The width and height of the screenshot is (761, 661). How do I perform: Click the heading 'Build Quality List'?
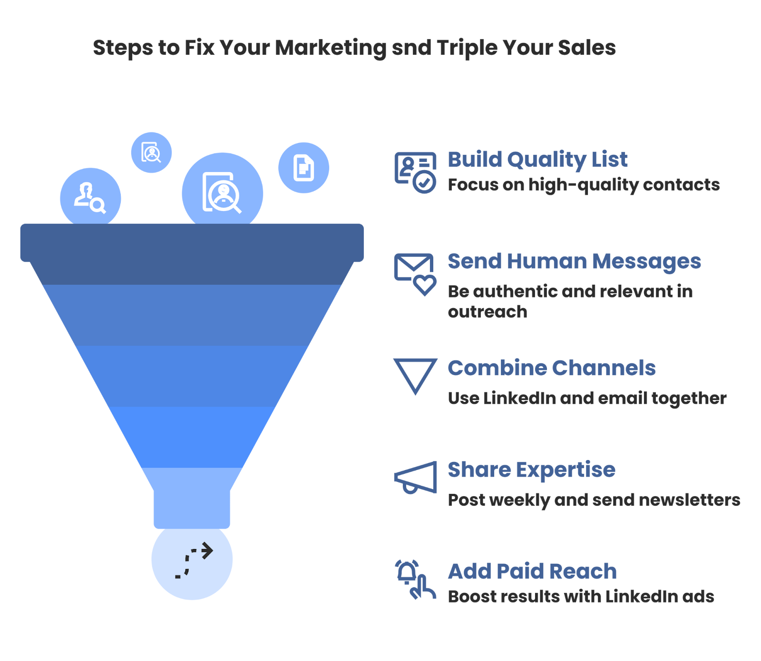[537, 160]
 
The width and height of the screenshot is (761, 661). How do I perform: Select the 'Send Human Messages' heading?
[574, 261]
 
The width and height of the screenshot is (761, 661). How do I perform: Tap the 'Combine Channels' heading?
[552, 368]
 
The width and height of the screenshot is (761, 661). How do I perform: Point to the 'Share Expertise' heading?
[531, 470]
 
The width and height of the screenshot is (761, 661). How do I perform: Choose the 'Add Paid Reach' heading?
[532, 571]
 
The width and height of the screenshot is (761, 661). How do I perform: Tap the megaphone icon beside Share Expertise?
[415, 478]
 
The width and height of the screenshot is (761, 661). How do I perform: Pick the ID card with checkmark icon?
[415, 172]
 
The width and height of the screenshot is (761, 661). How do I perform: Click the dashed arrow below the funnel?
[193, 560]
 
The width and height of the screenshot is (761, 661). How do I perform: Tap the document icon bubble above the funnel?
[303, 168]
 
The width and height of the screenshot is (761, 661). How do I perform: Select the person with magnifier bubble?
[90, 196]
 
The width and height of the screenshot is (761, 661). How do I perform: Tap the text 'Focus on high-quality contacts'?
[584, 185]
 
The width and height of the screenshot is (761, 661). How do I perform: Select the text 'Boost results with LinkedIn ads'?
[581, 597]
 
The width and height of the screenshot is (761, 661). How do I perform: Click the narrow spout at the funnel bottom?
[192, 507]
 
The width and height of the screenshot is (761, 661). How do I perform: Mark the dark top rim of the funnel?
[192, 242]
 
